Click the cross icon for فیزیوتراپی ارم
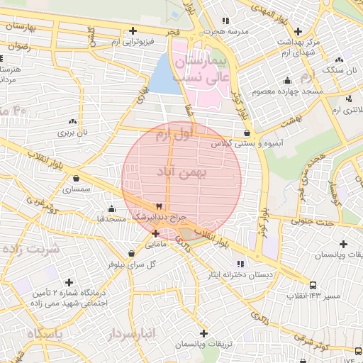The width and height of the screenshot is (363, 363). pos(133,30)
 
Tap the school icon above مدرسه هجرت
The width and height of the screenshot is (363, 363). pos(226,21)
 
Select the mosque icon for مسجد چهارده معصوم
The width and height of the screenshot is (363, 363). pos(287,80)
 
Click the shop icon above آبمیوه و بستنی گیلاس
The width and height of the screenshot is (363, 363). pos(247,133)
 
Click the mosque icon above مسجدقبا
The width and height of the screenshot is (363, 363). pos(111,208)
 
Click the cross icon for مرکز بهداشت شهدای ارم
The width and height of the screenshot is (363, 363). pos(298,31)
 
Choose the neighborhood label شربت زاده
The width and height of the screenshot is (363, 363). pos(32,250)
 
